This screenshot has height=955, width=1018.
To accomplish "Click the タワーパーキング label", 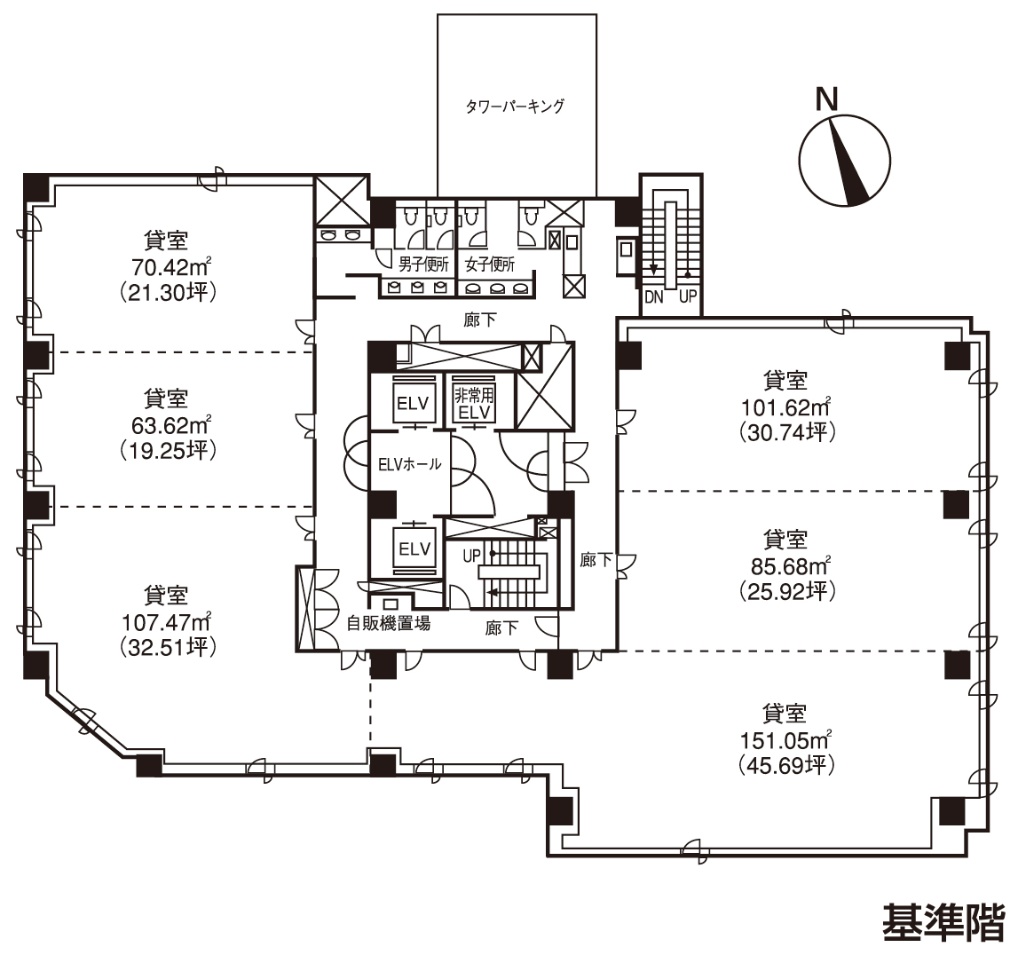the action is (x=516, y=106).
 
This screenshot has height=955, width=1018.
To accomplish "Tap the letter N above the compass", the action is (x=826, y=99).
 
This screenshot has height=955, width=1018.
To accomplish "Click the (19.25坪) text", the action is (x=168, y=450).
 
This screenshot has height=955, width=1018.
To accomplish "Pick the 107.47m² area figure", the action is (x=167, y=622).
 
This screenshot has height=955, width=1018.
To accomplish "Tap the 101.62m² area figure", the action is (x=786, y=407).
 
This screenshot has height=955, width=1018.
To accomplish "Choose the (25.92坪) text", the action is (x=787, y=591).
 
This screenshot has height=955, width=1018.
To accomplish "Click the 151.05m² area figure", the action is (x=786, y=739).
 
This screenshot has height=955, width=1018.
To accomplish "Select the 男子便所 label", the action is (x=424, y=264).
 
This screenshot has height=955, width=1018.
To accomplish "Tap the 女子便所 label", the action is (x=490, y=264).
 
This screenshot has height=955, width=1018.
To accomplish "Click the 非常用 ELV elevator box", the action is (x=475, y=403).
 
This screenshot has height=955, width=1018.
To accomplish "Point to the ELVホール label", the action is (x=410, y=464).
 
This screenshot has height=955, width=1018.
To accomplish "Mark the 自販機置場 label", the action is (x=388, y=623).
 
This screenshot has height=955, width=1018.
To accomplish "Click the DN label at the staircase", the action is (x=654, y=297).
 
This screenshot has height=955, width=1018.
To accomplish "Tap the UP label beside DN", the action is (x=688, y=297).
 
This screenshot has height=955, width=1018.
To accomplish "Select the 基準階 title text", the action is (x=943, y=922).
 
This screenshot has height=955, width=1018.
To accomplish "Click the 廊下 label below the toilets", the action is (x=480, y=320).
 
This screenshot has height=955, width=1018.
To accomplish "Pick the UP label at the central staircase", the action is (x=472, y=556).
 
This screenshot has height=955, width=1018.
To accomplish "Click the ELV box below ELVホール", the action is (x=414, y=549).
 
